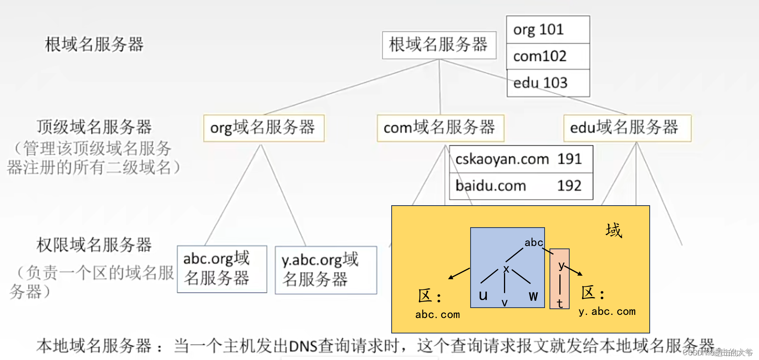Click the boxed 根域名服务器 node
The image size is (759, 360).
(x=439, y=45)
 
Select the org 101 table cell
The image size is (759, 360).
(x=548, y=30)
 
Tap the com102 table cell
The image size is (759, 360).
(x=548, y=57)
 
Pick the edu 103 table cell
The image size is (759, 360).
(x=548, y=83)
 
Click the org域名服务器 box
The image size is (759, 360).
(x=264, y=128)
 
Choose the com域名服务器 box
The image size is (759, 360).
(x=440, y=128)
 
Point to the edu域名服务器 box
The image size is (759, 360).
(x=627, y=128)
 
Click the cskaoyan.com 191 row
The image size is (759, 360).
(x=521, y=159)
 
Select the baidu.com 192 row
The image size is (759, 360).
(x=521, y=186)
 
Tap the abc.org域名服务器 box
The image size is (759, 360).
(x=222, y=269)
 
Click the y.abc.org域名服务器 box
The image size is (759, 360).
(x=326, y=270)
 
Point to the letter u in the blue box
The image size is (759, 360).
(x=483, y=295)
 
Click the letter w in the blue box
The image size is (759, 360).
(x=533, y=296)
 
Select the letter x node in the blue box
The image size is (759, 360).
(x=506, y=269)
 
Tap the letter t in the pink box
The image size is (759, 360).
(x=560, y=303)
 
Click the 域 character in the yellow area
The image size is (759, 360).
(x=614, y=230)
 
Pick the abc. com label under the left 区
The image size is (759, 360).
(x=438, y=314)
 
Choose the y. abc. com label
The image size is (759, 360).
(x=607, y=311)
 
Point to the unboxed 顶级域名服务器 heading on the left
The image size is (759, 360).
(x=94, y=127)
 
